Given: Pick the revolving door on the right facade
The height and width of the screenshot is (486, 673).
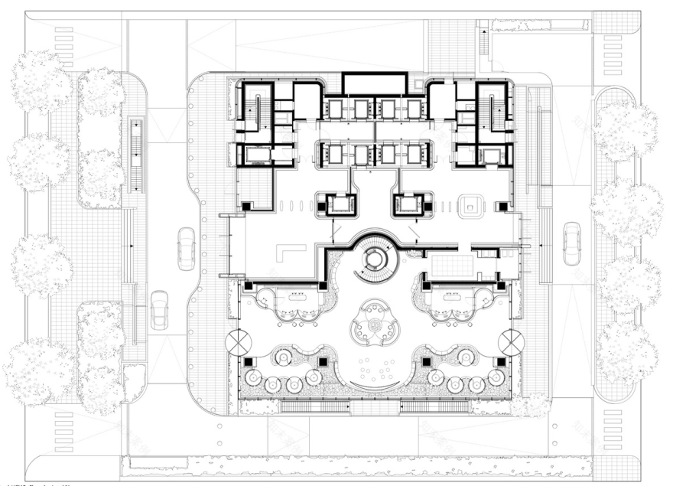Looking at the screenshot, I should (511, 342).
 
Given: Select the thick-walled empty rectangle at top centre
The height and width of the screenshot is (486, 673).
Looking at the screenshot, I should (374, 83).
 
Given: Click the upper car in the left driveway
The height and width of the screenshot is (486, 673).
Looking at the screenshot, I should (186, 248).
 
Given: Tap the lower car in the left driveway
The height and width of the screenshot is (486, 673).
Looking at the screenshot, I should (159, 310).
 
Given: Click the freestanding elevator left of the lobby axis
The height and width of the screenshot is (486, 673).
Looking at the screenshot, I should (339, 205).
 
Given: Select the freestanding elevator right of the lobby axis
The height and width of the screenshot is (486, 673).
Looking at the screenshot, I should (409, 205).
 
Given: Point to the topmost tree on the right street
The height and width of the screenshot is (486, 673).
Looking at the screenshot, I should (626, 130).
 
